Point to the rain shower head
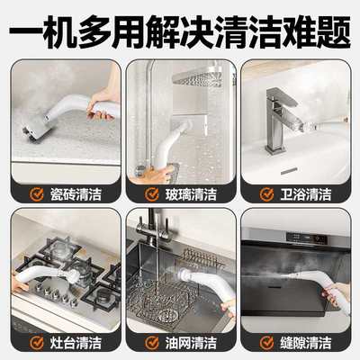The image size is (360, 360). [198, 77]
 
